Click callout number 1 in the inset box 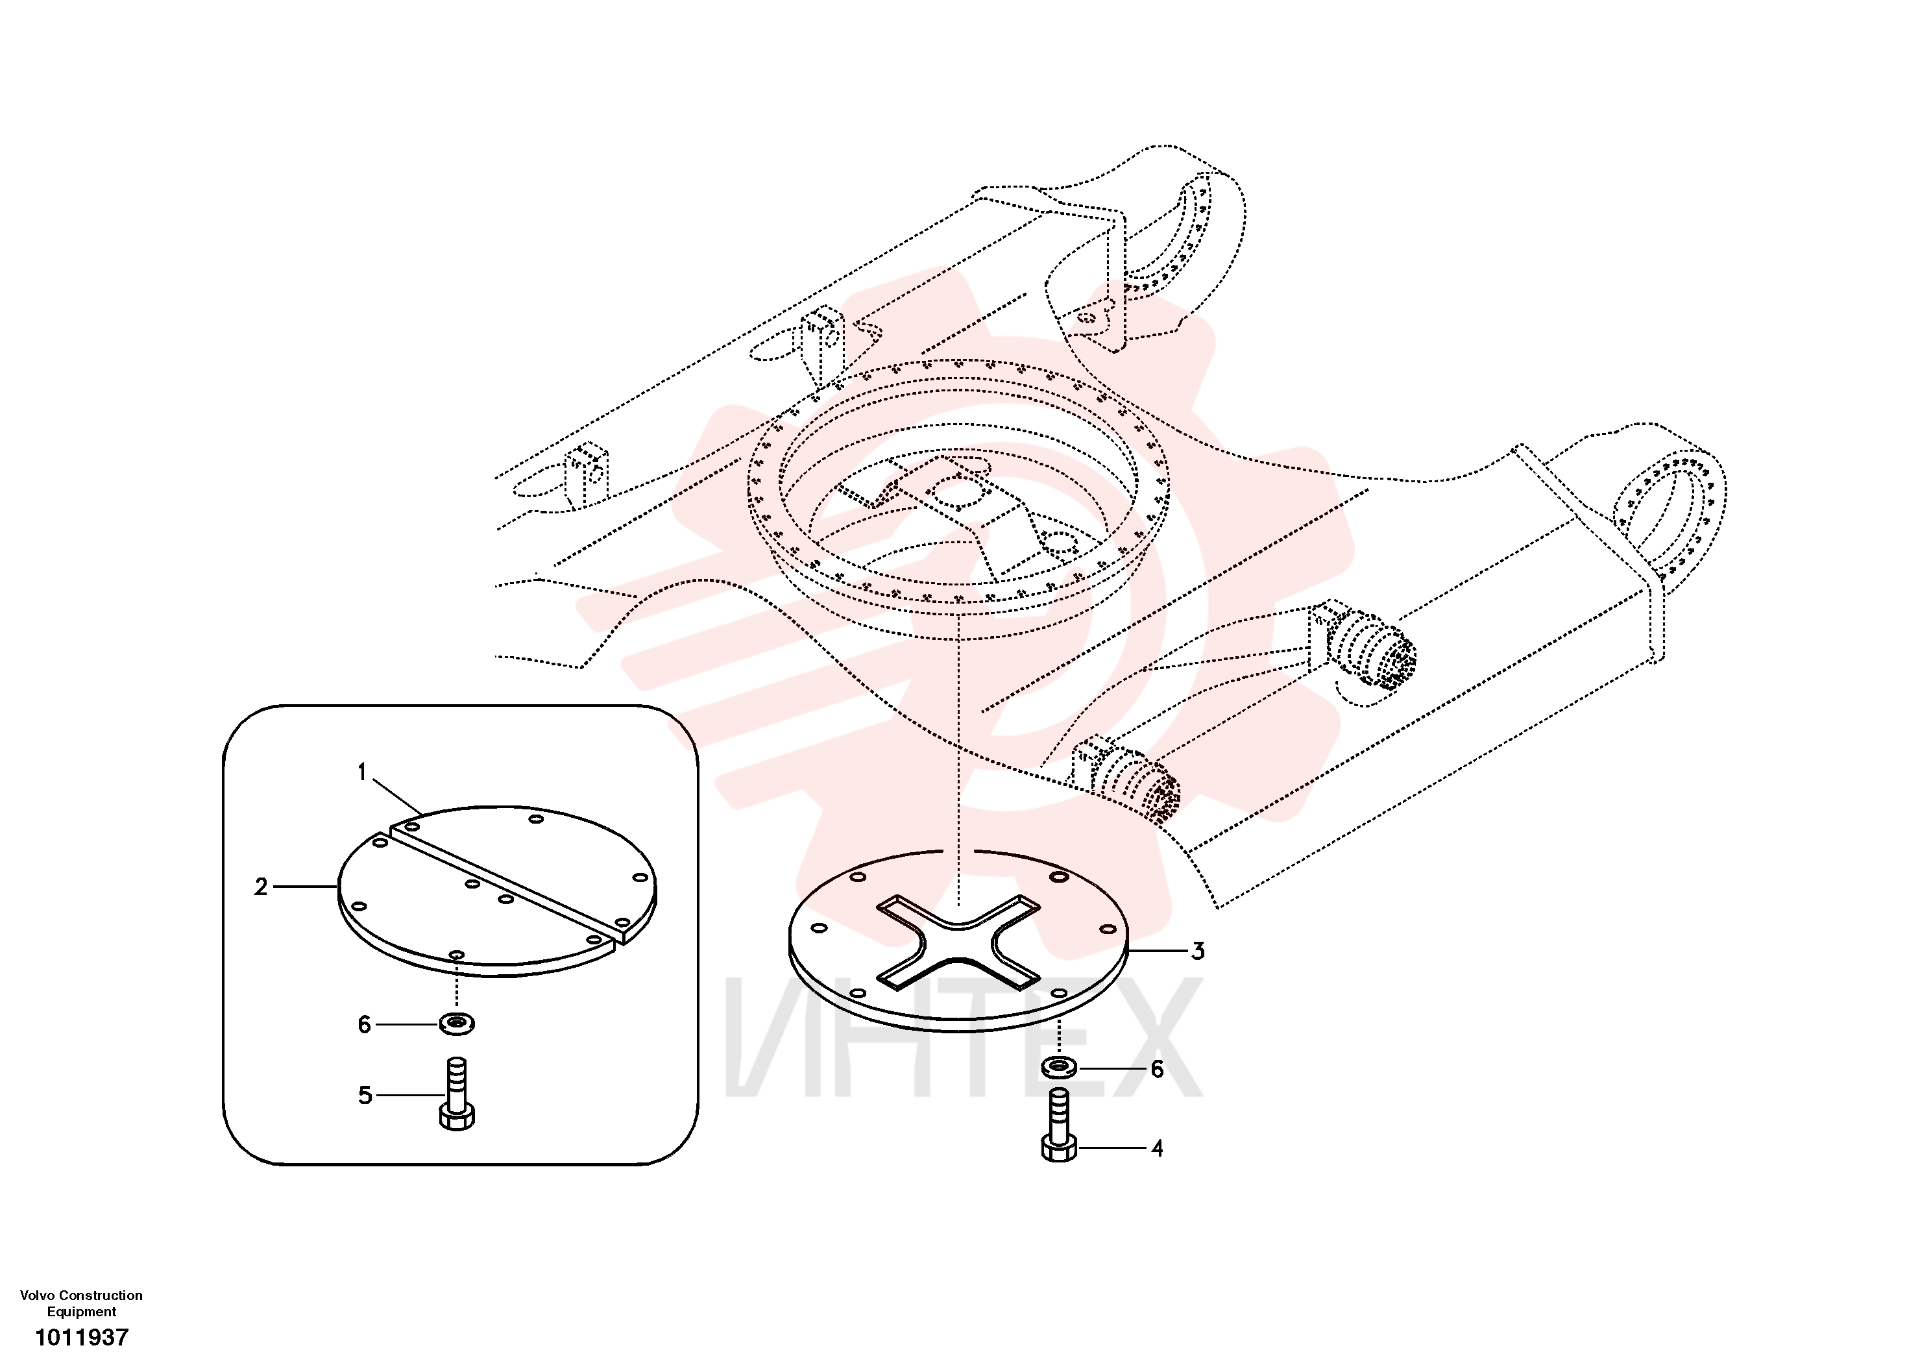pos(363,772)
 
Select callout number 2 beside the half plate pos(261,887)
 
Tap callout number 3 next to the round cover pos(1198,952)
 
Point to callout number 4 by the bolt pos(1158,1148)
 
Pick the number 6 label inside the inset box pos(364,1025)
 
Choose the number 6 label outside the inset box pos(1158,1070)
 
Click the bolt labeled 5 pos(457,1094)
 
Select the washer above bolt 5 pos(457,1024)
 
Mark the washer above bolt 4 pos(1059,1068)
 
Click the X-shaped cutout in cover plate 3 pos(958,940)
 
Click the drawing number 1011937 pos(82,1337)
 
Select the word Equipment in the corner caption pos(82,1312)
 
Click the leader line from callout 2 pos(304,887)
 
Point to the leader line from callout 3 pos(1156,951)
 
